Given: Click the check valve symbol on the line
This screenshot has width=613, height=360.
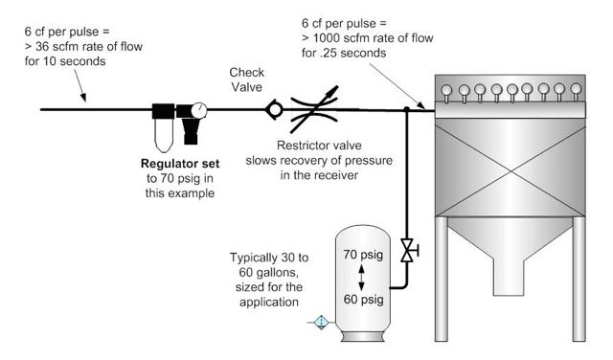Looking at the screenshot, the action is (274, 109).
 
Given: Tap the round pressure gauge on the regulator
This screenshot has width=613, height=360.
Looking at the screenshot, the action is (199, 110).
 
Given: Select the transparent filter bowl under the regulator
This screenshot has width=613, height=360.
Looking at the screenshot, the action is (164, 135).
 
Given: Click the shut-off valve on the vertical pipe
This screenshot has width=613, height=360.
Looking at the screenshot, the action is (409, 250).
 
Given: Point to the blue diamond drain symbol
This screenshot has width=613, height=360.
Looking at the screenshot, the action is (322, 323).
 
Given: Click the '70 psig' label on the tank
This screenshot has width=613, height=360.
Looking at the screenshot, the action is (363, 255).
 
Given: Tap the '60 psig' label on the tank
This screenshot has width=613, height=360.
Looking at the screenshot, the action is (363, 300).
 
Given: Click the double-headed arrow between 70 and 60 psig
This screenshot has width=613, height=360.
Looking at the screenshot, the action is (362, 278).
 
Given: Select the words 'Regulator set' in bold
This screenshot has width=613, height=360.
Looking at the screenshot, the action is (180, 164).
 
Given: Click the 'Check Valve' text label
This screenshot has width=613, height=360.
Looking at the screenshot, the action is (247, 79).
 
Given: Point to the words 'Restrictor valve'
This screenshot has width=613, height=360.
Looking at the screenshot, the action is (319, 146).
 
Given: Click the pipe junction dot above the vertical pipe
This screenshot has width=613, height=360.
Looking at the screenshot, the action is (406, 109).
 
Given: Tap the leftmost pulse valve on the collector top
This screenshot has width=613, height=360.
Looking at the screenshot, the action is (446, 93).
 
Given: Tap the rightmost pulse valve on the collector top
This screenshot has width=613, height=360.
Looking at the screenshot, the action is (576, 92).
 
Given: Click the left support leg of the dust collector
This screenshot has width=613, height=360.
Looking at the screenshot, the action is (441, 279).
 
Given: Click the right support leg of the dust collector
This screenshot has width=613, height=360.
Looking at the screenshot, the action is (579, 279).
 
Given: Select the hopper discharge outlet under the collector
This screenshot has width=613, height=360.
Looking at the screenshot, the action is (509, 277).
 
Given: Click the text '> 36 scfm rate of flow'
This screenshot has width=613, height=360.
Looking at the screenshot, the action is (83, 47).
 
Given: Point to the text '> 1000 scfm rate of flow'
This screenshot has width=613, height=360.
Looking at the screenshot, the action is (368, 38).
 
